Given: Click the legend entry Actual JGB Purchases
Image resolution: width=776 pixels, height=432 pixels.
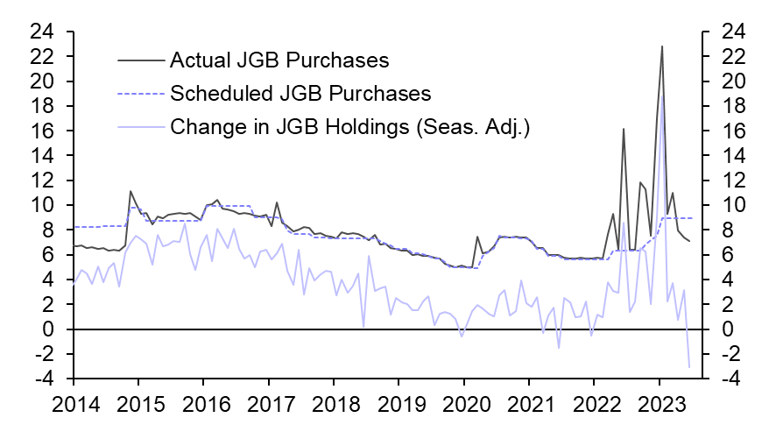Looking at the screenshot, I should click(279, 60).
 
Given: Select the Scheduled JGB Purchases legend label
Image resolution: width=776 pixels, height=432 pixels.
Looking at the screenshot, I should click(300, 93).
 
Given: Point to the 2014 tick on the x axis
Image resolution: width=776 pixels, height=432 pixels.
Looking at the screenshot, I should click(73, 405).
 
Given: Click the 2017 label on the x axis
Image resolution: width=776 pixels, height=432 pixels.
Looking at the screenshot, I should click(268, 405).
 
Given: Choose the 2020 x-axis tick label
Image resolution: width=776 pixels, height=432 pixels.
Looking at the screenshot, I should click(463, 405).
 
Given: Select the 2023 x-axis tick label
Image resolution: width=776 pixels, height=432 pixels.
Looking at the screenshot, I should click(659, 405).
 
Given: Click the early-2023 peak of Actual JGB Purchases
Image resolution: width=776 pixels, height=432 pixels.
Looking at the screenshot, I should click(662, 46).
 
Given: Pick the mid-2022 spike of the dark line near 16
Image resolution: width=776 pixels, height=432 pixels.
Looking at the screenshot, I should click(624, 129).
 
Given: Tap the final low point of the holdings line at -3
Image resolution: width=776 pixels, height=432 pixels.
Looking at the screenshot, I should click(689, 366).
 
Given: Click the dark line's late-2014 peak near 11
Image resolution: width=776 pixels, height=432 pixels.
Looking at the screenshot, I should click(131, 191).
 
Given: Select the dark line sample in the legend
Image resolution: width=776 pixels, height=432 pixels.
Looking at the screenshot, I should click(140, 60).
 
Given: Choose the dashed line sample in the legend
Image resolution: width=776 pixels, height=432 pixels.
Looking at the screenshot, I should click(140, 93).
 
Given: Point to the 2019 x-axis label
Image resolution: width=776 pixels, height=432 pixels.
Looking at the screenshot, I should click(399, 405).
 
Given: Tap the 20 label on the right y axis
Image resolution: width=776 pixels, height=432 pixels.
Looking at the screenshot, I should click(735, 81).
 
